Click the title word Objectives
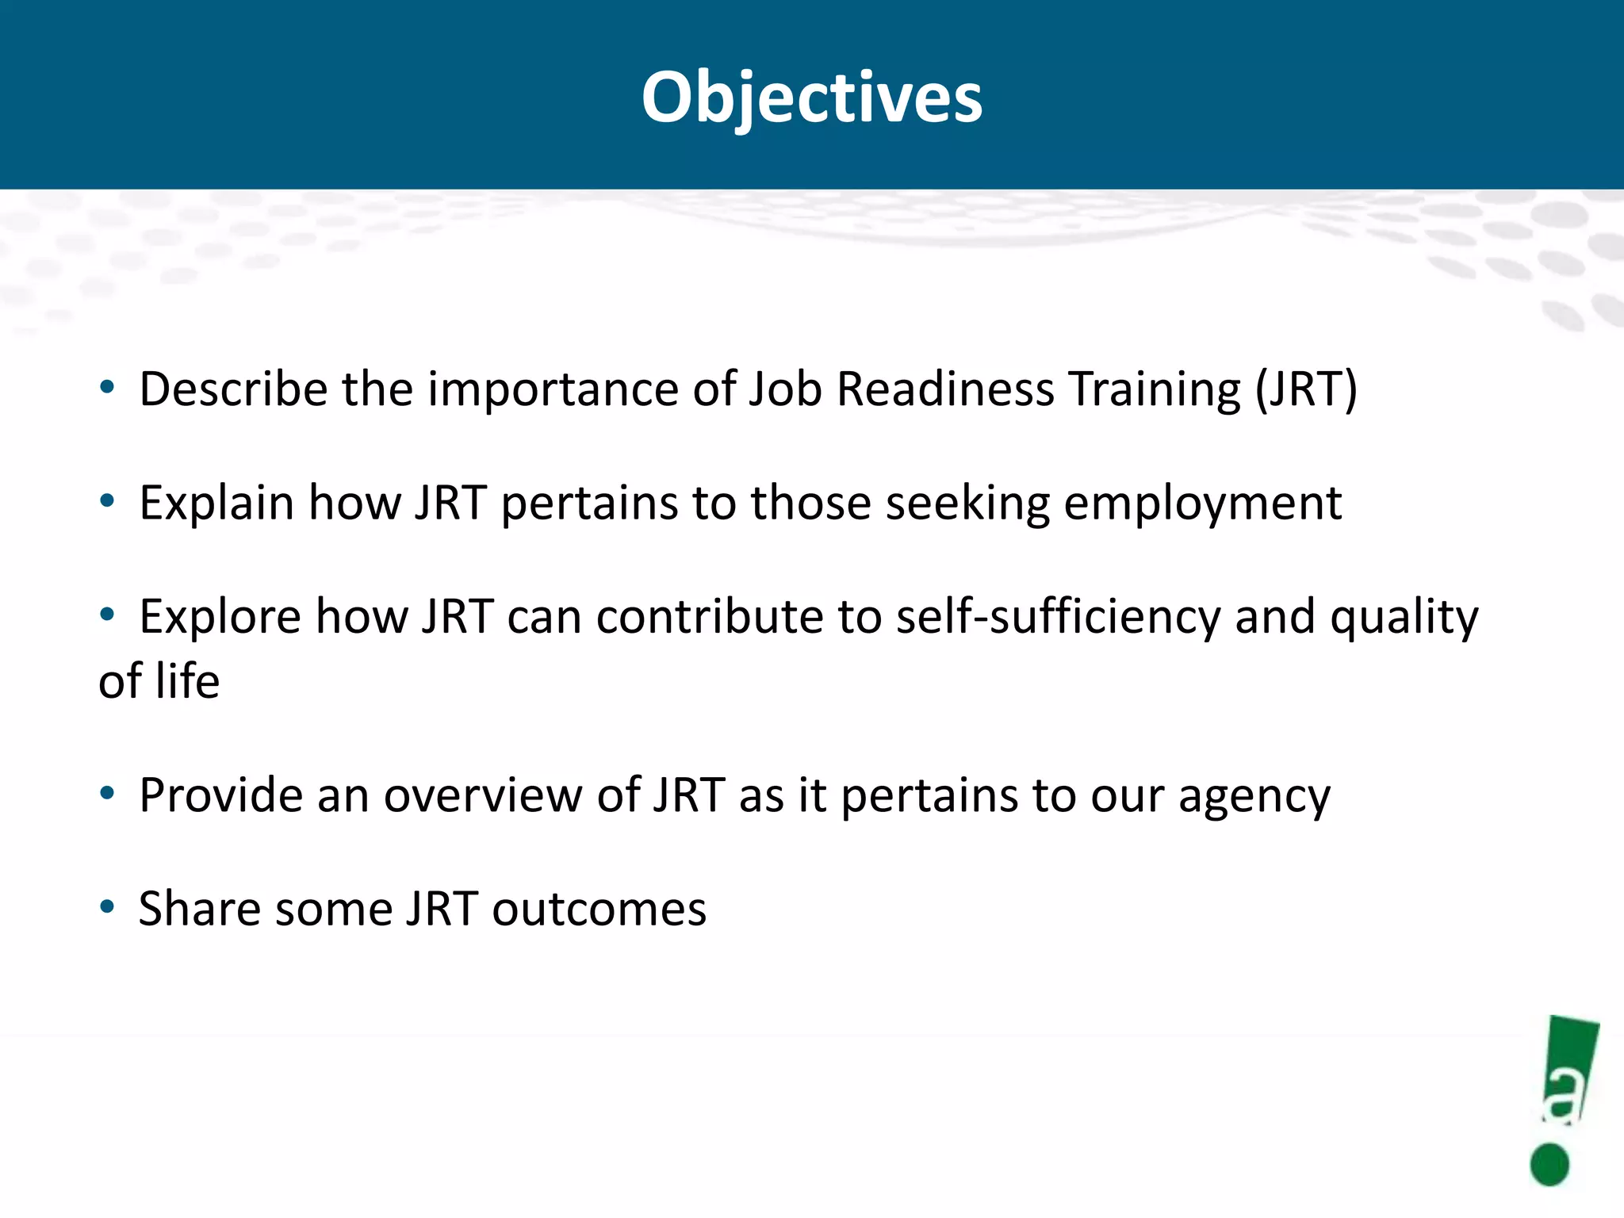(x=811, y=98)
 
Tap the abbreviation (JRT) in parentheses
(x=1305, y=389)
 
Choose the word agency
(x=1254, y=796)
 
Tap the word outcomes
(x=599, y=909)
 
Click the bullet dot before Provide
(x=107, y=793)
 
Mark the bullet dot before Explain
(x=107, y=501)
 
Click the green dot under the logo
(x=1549, y=1165)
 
